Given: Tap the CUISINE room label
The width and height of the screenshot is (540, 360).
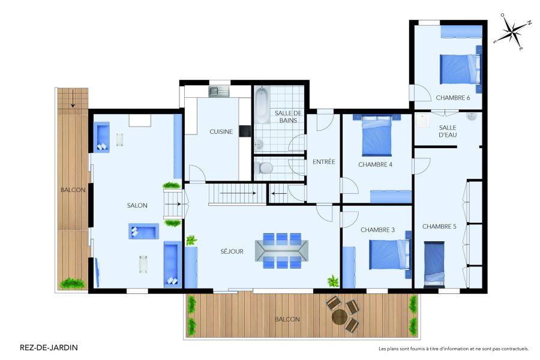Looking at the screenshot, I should coord(221,132).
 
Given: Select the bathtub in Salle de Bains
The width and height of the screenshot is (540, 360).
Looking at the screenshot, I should coord(262,106).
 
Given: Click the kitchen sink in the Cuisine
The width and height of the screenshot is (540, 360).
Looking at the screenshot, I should coord(216,91).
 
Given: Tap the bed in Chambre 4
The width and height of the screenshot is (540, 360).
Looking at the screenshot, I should coord(376,136).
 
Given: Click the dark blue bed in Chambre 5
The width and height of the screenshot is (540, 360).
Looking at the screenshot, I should coord(434,263).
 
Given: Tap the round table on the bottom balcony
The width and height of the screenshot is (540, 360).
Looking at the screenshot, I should coord(340,316).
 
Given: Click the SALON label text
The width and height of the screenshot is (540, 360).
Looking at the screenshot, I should coord(137,205).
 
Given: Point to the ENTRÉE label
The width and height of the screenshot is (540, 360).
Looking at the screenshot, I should coord(323,162).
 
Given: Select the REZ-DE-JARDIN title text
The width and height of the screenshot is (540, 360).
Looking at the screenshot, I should coord(49,347).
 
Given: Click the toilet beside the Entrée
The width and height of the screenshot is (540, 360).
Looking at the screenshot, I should coord(263,169).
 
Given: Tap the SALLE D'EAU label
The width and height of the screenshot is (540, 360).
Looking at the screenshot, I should coord(448,131).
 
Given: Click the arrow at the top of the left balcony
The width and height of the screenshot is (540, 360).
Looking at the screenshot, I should coord(73,100).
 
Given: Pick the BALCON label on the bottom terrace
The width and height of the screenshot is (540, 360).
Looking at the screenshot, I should coord(288,319).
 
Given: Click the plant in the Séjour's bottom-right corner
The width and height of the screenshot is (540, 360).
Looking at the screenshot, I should coord(332,281).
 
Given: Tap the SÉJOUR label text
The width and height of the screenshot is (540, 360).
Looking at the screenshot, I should coord(232,251).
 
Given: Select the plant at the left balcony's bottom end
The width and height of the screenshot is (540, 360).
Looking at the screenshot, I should coord(72,282).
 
